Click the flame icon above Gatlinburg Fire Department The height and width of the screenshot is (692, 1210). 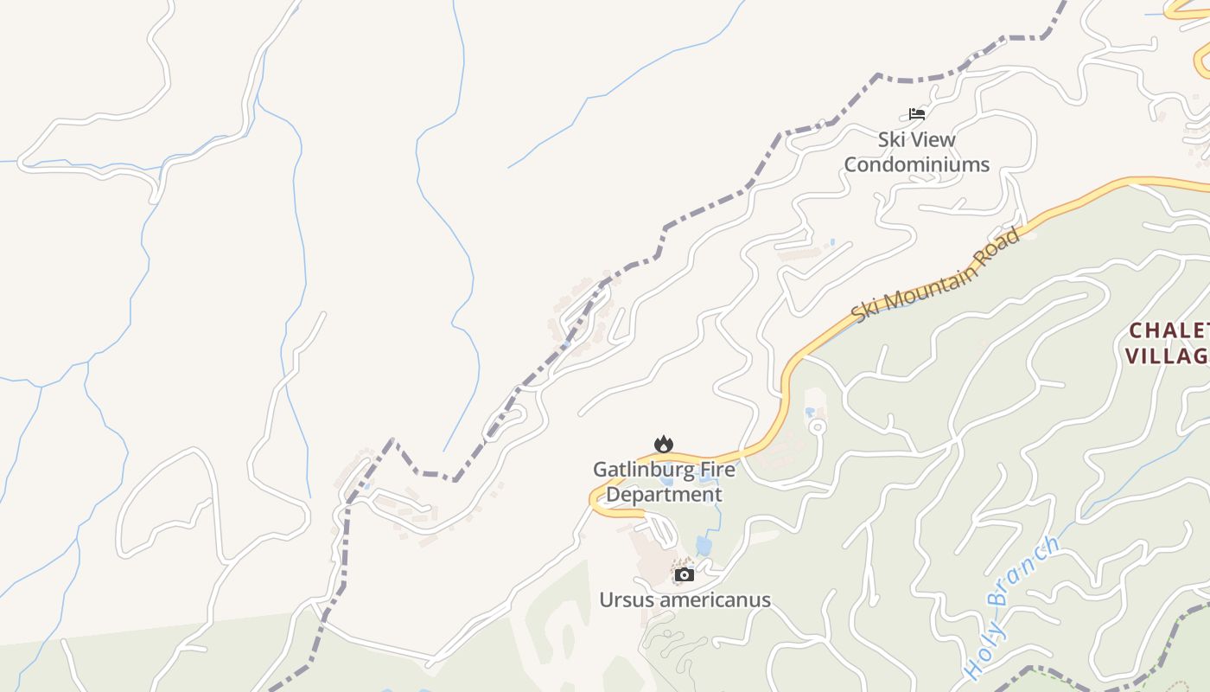[x=664, y=445]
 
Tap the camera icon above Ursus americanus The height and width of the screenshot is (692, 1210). [x=685, y=574]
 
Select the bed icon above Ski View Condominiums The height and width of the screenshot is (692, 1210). [x=917, y=113]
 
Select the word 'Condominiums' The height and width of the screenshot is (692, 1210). [x=916, y=164]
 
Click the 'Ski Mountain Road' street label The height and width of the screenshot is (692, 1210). [x=936, y=274]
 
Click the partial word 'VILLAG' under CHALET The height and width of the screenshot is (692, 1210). [x=1167, y=356]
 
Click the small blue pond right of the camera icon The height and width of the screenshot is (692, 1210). [x=704, y=546]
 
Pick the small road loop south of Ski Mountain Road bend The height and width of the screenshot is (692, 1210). [x=816, y=426]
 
